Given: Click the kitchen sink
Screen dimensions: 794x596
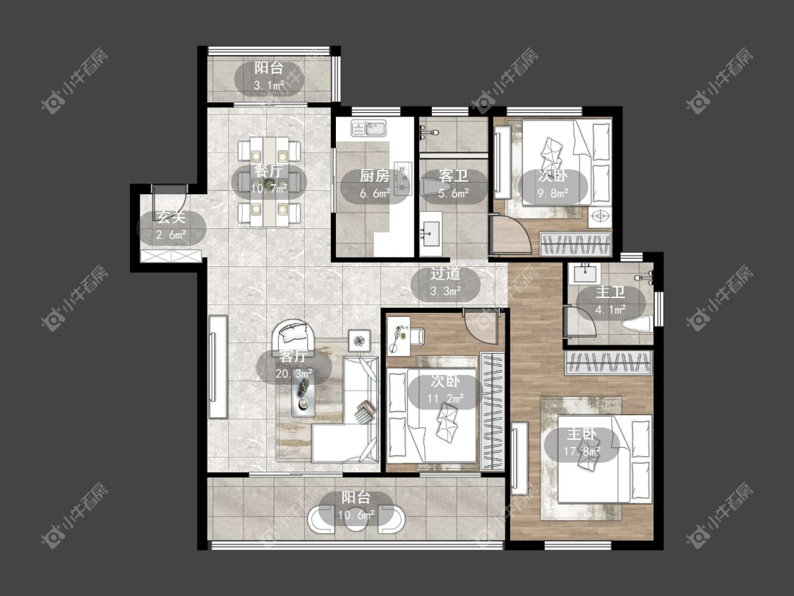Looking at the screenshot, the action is pos(368,128).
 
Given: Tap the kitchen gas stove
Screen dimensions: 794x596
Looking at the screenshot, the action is pos(402,177).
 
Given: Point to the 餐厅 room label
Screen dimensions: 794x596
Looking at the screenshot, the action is pos(268,170).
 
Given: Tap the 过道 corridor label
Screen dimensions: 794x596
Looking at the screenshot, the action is pos(445,274).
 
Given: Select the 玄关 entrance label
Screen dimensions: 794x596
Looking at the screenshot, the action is pos(172,218).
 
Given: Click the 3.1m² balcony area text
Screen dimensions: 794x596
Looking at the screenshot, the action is pos(269,85).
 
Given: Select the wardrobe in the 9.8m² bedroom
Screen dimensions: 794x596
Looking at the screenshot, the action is pos(576,244).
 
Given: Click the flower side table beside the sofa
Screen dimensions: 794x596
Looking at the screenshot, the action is pos(359,340).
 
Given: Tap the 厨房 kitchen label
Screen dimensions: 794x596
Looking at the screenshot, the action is pos(375,176).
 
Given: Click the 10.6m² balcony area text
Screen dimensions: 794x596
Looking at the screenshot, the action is pos(356,515).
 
